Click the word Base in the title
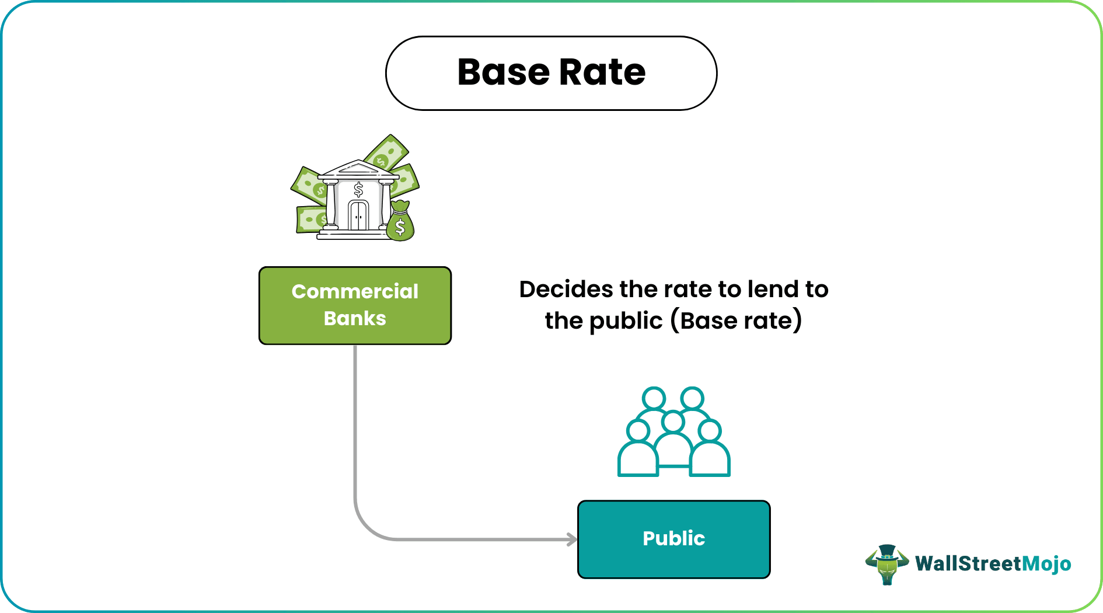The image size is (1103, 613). tap(504, 72)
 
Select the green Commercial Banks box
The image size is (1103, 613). tap(355, 305)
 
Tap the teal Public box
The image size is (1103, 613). tap(673, 539)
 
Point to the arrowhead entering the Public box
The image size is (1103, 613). tap(573, 539)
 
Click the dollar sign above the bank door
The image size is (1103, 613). tap(358, 189)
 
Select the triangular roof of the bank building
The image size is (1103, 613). tap(357, 168)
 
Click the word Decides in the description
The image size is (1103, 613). tap(566, 290)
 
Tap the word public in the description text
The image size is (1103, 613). tap(626, 321)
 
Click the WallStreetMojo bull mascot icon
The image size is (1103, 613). tap(887, 564)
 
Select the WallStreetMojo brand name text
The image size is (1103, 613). tap(993, 564)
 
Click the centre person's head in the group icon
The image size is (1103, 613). tap(673, 421)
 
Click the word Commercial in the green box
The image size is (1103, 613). tap(355, 291)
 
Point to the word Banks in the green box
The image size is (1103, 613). tap(355, 319)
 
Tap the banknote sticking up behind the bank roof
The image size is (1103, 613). tap(386, 152)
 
